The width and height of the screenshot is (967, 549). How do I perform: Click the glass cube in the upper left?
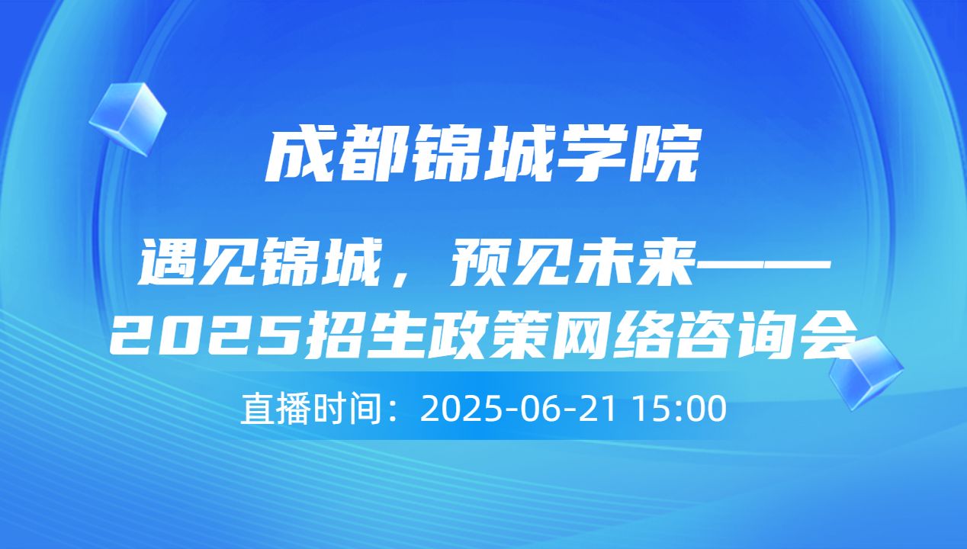pos(127,118)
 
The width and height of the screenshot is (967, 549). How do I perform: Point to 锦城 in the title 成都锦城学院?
pos(481,156)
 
